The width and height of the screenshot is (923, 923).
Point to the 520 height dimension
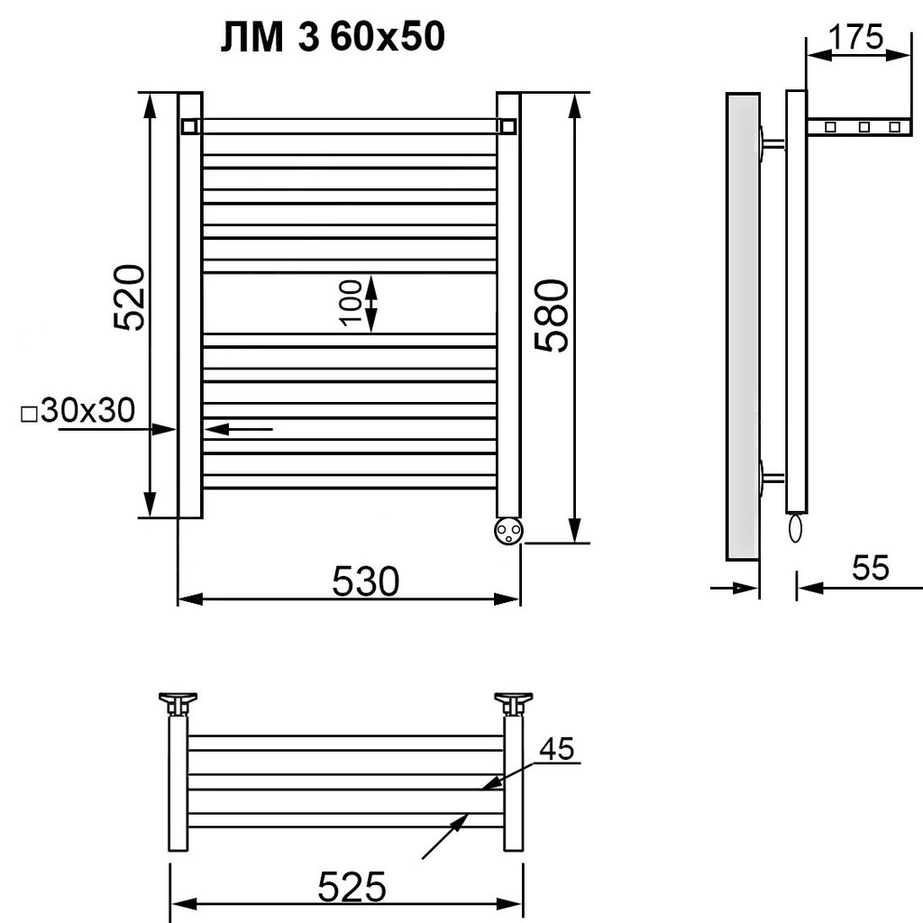pos(129,297)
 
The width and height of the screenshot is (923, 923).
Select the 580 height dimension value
pos(553,316)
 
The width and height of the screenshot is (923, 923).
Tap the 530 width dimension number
pos(366,581)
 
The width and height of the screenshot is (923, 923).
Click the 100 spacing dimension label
pos(351,303)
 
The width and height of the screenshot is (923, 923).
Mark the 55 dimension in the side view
pos(871,568)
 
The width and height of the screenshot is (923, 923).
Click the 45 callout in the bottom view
pos(557,749)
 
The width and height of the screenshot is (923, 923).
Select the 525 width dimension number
pos(352,887)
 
